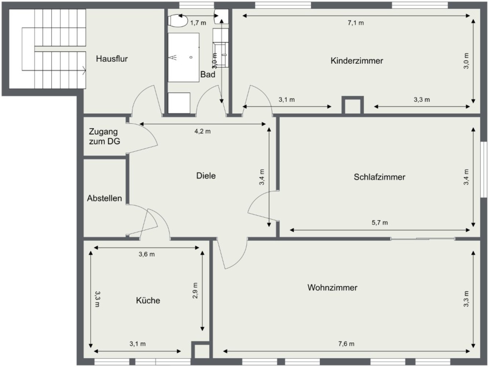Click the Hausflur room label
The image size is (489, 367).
(x=112, y=59)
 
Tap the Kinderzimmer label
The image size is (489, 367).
(x=357, y=61)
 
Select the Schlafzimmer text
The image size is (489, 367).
(x=379, y=177)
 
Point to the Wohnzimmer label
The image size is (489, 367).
(x=332, y=288)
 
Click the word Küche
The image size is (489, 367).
(x=148, y=301)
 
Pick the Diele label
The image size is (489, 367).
(x=206, y=176)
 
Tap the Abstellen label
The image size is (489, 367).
(x=104, y=199)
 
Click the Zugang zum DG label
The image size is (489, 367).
(x=104, y=137)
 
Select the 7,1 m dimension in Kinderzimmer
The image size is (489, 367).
(x=355, y=23)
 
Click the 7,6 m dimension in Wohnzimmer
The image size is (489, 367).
(x=346, y=344)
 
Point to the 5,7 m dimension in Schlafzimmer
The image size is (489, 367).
(x=379, y=223)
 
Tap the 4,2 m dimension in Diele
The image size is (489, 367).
(x=202, y=131)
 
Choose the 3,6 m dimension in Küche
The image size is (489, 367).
(x=146, y=254)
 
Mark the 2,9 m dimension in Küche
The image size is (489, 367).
(x=195, y=291)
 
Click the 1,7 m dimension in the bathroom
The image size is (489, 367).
(x=198, y=23)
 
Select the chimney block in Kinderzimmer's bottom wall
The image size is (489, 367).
(x=353, y=105)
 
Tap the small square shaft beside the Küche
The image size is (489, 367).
(x=201, y=351)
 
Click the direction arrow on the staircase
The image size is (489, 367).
(x=84, y=70)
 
